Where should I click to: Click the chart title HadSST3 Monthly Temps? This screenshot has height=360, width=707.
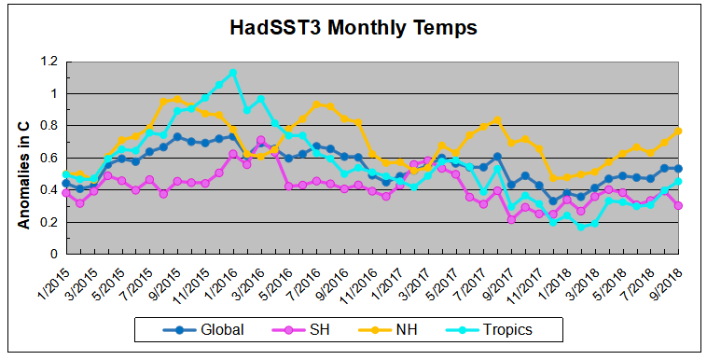coord(353,28)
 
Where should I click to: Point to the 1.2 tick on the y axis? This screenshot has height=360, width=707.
coord(48,62)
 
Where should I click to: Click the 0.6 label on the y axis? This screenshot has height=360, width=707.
coord(48,158)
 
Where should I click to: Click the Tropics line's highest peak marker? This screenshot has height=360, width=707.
coord(232,72)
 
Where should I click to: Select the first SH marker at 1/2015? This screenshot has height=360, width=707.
coord(65,192)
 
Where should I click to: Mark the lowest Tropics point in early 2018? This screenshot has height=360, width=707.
coord(580,227)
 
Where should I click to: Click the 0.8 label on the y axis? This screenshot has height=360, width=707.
coord(48,126)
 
